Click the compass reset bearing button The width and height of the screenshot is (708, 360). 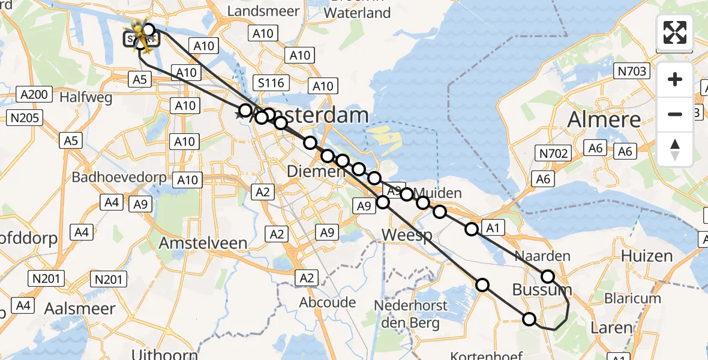coord(675,150)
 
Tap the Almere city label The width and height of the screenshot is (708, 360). coord(604,119)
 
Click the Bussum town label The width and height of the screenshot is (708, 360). coord(542,291)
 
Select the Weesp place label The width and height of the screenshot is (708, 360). coord(407,235)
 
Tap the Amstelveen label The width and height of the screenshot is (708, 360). coord(203,243)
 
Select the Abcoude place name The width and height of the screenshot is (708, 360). coord(328,302)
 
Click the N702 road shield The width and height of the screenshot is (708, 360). coord(553,154)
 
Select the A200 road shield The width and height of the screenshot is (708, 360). coord(35,94)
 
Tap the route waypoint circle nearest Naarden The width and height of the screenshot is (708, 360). coord(548,277)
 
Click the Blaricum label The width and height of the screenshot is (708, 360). coord(632,298)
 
